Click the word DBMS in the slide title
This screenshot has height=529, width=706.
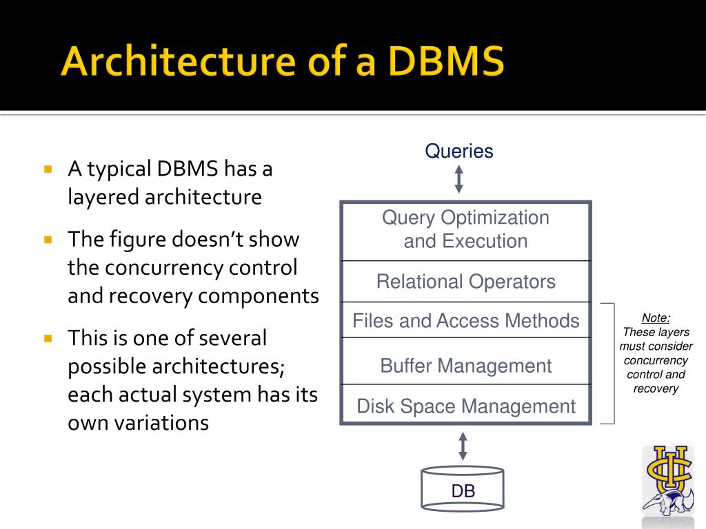pyautogui.click(x=445, y=63)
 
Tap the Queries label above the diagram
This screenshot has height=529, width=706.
pyautogui.click(x=459, y=151)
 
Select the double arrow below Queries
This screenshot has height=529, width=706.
pyautogui.click(x=459, y=179)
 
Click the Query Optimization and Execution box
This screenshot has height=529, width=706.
pyautogui.click(x=466, y=230)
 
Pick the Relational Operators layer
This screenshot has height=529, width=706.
pyautogui.click(x=466, y=281)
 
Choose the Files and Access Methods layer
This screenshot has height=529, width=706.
pyautogui.click(x=466, y=320)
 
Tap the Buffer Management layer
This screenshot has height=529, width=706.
pyautogui.click(x=466, y=365)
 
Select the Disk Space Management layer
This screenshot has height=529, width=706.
pyautogui.click(x=466, y=406)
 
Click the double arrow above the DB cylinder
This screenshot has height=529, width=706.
pyautogui.click(x=463, y=446)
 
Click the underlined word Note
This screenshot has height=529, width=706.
pyautogui.click(x=656, y=318)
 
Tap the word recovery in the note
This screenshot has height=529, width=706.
pyautogui.click(x=656, y=388)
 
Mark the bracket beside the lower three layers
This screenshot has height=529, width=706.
pyautogui.click(x=609, y=363)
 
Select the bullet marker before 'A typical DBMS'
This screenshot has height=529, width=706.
pyautogui.click(x=48, y=169)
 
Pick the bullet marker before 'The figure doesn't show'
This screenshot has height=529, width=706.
pyautogui.click(x=48, y=240)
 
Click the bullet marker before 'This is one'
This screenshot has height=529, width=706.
pyautogui.click(x=48, y=338)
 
